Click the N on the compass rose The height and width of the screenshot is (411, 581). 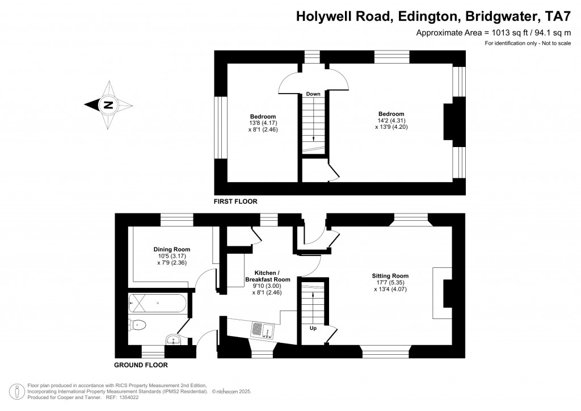click(108, 105)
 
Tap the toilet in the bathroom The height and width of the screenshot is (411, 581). click(137, 325)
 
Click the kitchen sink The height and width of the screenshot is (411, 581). click(263, 330)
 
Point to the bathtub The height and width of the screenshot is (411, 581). click(157, 304)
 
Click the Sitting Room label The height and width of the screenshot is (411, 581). click(390, 276)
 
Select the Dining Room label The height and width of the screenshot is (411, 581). click(172, 249)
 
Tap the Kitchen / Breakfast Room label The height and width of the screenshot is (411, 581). click(268, 276)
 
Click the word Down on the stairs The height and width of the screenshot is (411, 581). click(313, 94)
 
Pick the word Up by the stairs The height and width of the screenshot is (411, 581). click(313, 328)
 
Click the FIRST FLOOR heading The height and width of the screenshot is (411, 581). click(235, 201)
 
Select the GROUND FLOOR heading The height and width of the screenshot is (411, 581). click(141, 365)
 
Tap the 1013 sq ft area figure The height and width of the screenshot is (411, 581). click(510, 32)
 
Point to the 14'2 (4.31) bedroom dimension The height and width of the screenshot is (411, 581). click(391, 120)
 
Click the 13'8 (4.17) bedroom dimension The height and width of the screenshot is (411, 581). click(263, 123)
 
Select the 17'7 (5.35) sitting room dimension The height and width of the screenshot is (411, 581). click(390, 282)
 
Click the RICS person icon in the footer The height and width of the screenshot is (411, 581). click(17, 391)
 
